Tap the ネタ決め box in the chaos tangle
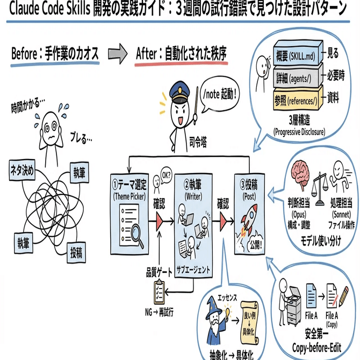[x=22, y=171]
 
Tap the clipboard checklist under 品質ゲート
[x=160, y=290]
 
